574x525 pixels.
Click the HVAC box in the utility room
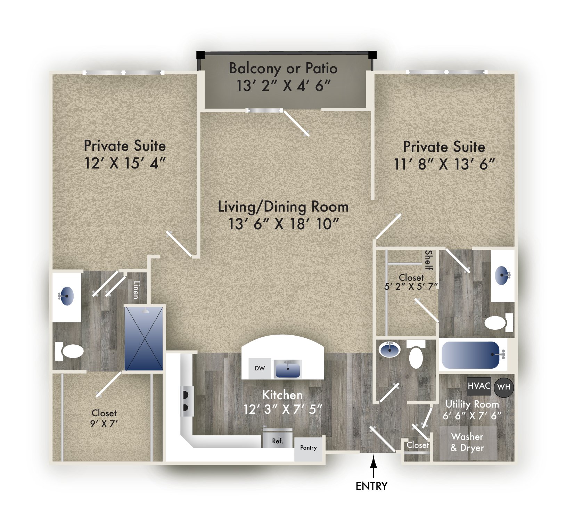pos(478,386)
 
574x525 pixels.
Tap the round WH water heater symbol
pos(503,387)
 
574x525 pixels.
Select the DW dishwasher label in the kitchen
pos(260,368)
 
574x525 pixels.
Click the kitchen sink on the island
pos(287,369)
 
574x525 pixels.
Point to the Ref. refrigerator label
pos(277,441)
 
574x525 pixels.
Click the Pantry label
pos(308,448)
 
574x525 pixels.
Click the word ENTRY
pos(371,486)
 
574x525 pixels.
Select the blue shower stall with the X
pos(143,338)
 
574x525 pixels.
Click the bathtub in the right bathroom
pos(471,355)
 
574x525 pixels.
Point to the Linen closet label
pos(136,290)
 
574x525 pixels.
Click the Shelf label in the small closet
pos(429,260)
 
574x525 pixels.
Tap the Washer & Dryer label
pos(467,442)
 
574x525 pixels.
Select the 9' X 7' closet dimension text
pos(104,424)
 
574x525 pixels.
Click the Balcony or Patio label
pos(283,68)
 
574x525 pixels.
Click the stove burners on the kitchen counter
pos(186,401)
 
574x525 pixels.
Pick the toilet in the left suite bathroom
pos(71,351)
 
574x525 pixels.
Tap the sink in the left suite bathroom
pos(67,296)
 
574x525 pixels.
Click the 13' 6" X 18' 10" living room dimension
pos(283,224)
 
